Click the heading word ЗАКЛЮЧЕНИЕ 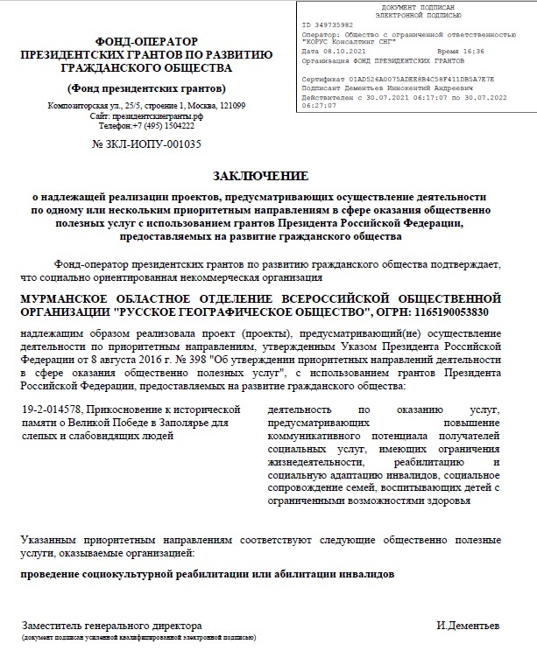[265, 175]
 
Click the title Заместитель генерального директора [111, 626]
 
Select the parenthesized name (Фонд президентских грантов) [146, 88]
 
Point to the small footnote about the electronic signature [138, 639]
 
